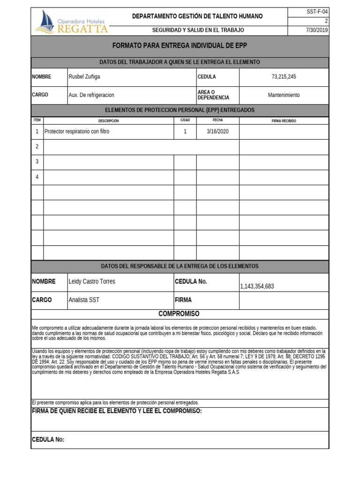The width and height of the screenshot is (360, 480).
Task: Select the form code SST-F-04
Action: (x=318, y=12)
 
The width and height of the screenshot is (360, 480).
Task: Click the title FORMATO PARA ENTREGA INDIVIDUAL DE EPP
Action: (x=180, y=45)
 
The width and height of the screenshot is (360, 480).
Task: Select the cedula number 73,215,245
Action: (x=284, y=77)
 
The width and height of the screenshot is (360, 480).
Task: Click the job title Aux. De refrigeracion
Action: (x=91, y=95)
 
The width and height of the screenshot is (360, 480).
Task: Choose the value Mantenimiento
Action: (x=284, y=95)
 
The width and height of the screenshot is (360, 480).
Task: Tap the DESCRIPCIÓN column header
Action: (x=108, y=121)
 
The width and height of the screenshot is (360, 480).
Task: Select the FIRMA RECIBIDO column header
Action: (x=284, y=121)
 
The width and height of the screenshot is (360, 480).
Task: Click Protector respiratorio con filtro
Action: (x=77, y=132)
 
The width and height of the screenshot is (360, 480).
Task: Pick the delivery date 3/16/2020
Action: (x=217, y=132)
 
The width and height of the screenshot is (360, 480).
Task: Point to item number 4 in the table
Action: (x=37, y=177)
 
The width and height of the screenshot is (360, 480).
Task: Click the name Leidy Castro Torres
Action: (x=92, y=282)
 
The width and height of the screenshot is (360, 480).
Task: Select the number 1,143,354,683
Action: (x=257, y=286)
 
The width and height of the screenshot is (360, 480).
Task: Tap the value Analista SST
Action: (x=84, y=300)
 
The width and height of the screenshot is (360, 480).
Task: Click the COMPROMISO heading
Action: (x=179, y=314)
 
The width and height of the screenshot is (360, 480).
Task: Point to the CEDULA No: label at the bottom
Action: (x=48, y=440)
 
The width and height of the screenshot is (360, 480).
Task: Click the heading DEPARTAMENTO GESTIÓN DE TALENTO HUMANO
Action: (x=197, y=16)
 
